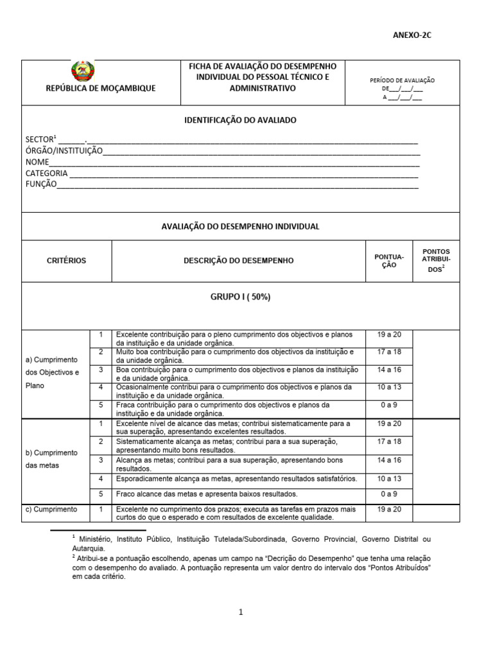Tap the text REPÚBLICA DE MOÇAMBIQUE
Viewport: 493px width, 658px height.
[101, 89]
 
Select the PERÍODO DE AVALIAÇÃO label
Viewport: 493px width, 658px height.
[402, 80]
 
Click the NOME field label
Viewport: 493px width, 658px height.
[37, 162]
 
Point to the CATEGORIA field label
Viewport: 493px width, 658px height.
[46, 173]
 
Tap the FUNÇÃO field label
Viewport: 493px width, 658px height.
[41, 185]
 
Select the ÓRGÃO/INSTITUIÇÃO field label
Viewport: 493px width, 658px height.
[64, 150]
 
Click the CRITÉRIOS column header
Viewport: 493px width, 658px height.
[66, 261]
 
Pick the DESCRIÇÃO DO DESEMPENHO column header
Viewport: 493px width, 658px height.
[238, 261]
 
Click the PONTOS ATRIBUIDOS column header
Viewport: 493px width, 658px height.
[436, 260]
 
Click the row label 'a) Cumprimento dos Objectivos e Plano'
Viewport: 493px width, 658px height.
[55, 373]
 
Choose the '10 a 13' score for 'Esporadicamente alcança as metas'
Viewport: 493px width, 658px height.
[389, 479]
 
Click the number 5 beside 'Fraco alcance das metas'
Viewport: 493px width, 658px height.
[100, 493]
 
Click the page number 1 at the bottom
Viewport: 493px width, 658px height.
[241, 612]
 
